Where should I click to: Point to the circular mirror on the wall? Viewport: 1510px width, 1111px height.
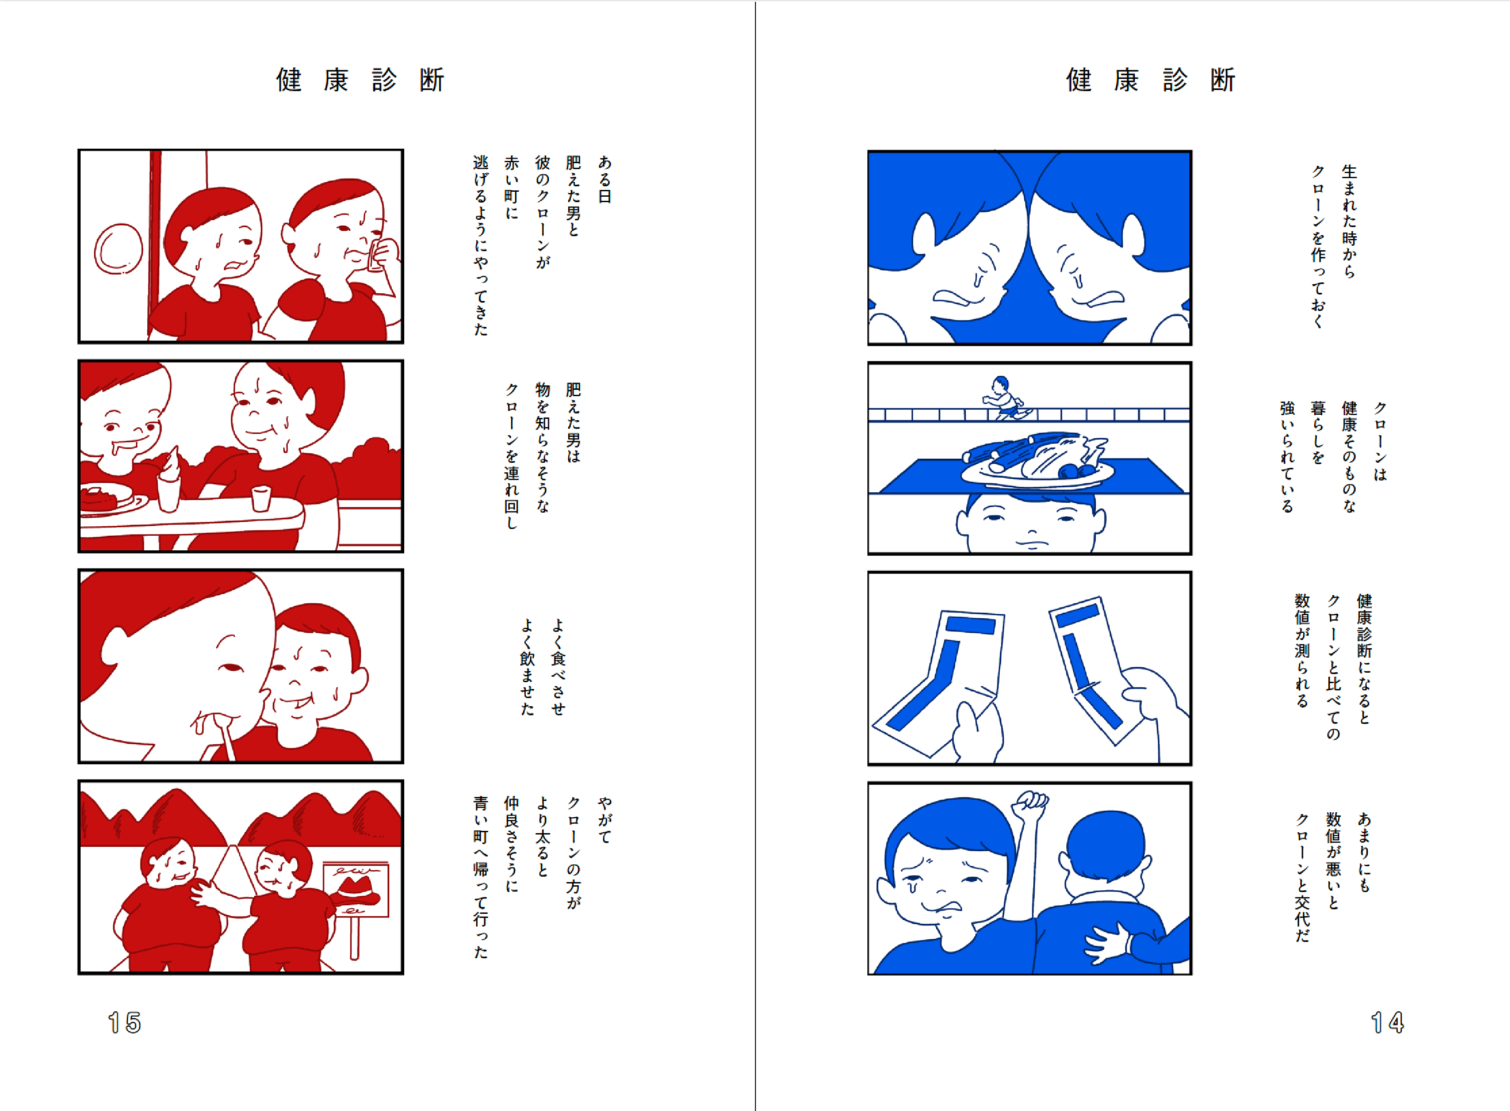point(118,249)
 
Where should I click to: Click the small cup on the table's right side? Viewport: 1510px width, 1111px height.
point(261,498)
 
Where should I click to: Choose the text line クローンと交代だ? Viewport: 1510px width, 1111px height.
point(1302,877)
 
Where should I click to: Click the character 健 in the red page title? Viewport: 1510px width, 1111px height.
point(289,80)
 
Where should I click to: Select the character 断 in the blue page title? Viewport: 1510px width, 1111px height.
point(1223,80)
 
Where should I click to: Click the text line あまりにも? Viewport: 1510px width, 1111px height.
point(1364,851)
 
